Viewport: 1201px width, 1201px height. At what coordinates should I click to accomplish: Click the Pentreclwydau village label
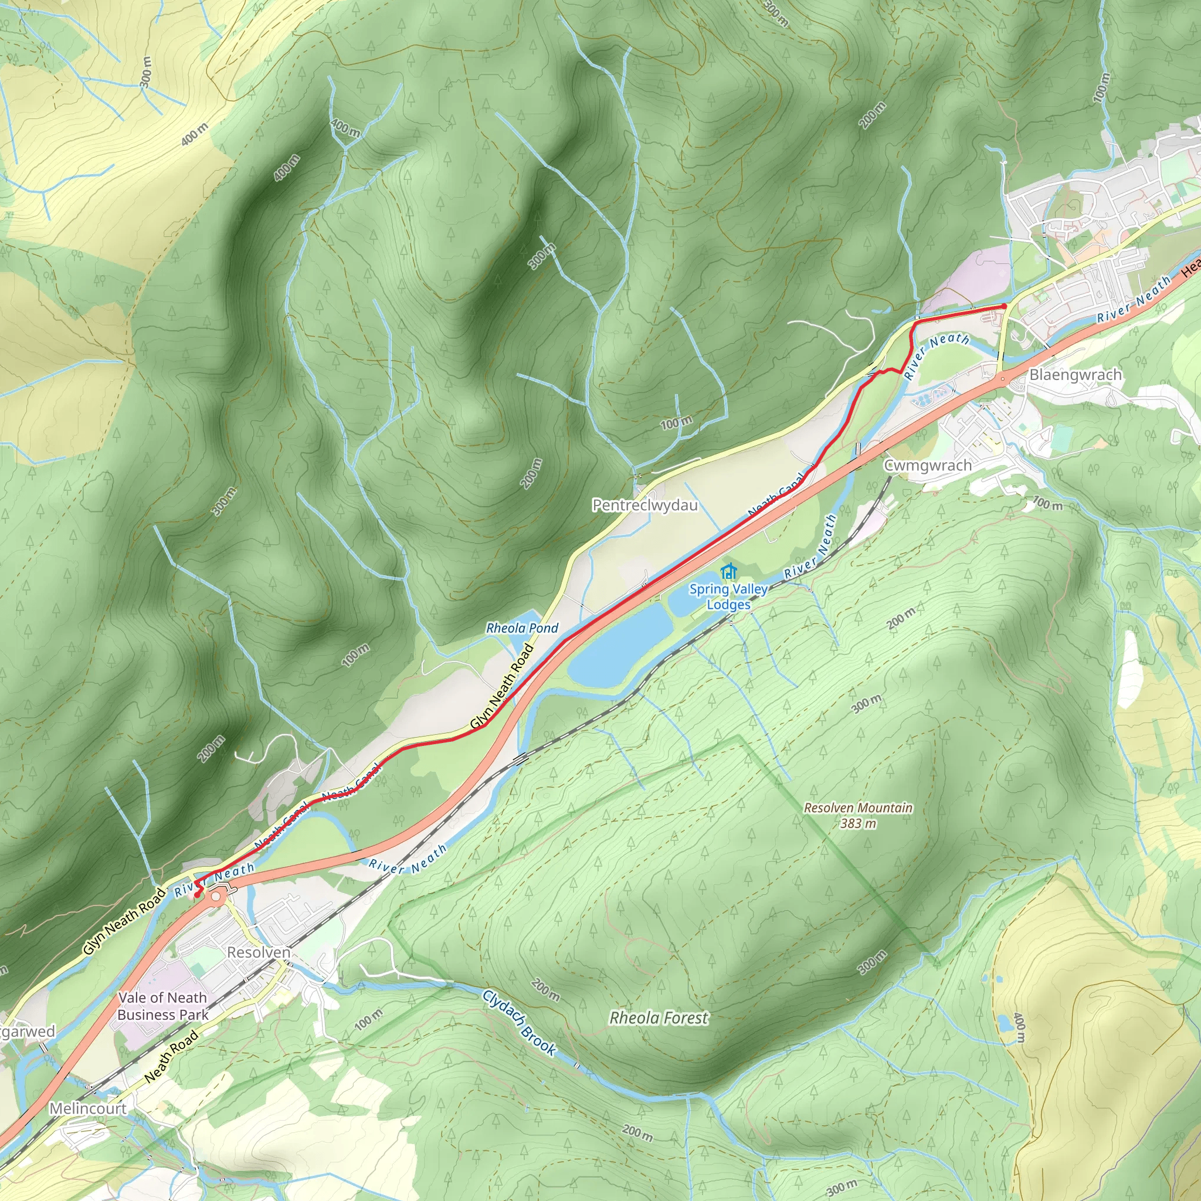point(644,505)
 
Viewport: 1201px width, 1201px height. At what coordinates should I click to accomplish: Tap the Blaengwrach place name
point(1076,375)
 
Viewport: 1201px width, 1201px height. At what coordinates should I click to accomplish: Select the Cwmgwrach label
point(928,466)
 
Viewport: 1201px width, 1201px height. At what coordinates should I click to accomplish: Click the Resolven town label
point(259,952)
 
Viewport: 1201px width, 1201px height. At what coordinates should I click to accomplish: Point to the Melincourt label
point(87,1108)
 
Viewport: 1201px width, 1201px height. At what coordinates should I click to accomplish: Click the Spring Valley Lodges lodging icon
point(728,571)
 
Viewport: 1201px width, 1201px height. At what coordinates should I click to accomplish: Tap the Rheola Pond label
point(522,628)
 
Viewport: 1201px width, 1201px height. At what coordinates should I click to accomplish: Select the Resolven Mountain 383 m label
point(858,816)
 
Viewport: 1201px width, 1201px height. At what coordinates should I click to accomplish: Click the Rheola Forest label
point(659,1018)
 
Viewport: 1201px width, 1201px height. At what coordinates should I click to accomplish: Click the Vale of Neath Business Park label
point(163,1006)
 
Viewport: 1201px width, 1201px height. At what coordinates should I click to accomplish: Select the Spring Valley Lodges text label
point(728,597)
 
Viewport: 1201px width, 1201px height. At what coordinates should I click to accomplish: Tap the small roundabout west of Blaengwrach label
point(1002,378)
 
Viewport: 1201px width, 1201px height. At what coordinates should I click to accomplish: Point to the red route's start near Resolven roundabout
point(197,895)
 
